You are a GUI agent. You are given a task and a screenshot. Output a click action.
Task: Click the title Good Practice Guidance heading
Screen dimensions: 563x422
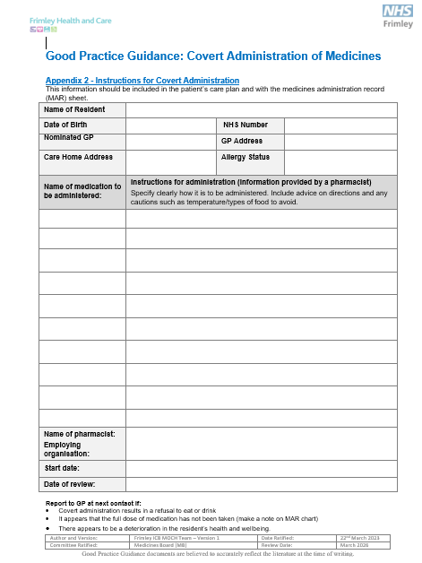click(213, 56)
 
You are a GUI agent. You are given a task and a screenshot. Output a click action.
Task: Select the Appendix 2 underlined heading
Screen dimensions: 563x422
click(142, 81)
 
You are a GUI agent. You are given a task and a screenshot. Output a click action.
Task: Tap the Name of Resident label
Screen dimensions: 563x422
click(74, 109)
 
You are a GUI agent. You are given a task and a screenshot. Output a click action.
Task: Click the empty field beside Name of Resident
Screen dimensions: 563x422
click(261, 109)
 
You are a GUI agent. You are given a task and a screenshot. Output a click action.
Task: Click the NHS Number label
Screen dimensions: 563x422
click(245, 126)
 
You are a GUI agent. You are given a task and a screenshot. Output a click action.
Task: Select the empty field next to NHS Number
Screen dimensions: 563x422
click(340, 126)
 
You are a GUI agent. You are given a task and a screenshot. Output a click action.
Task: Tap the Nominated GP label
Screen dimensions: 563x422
click(69, 138)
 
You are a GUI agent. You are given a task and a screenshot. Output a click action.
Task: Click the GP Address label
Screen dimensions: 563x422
click(242, 141)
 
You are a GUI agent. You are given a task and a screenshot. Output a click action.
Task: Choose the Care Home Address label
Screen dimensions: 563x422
click(78, 157)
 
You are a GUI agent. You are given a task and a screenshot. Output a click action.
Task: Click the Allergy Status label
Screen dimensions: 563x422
click(245, 157)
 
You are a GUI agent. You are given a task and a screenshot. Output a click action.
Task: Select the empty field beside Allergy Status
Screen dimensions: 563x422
click(340, 161)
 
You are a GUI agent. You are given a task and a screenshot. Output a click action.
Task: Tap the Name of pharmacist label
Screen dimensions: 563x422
click(80, 434)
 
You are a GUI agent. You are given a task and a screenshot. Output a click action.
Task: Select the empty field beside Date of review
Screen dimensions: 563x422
click(261, 484)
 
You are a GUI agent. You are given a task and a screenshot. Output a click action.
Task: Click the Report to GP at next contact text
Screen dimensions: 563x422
click(94, 504)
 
